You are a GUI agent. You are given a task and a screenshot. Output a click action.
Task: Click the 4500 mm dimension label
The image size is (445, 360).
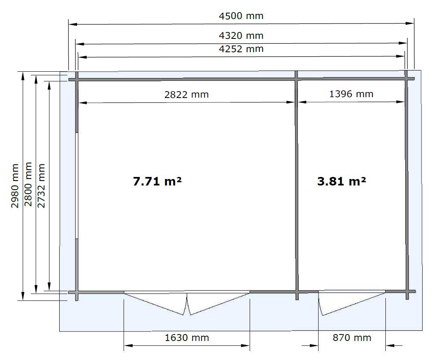coord(241,16)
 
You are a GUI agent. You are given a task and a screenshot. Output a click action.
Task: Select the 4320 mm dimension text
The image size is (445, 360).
coord(241,36)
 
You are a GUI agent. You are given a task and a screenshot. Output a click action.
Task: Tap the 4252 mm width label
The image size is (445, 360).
coord(241,49)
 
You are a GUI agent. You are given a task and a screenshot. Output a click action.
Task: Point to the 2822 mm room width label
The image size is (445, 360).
coord(186,94)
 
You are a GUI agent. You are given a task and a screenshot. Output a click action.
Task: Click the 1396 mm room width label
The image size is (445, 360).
coord(351,94)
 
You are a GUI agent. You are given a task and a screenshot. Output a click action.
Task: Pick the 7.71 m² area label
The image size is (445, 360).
coord(157,181)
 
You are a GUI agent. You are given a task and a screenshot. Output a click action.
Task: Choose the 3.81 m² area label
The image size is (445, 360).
coord(341,181)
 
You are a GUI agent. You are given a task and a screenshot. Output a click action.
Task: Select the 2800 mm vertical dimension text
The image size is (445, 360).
coord(28,184)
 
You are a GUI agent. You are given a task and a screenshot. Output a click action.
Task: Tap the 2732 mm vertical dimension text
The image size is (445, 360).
coord(41,185)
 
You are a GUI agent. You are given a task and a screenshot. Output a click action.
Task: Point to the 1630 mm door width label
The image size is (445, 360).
coord(187,338)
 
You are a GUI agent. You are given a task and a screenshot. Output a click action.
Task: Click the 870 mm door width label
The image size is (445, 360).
coord(352,338)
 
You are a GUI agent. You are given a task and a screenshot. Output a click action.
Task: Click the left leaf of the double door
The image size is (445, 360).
coord(156,304)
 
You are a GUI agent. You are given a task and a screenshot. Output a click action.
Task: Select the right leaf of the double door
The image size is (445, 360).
coord(218,304)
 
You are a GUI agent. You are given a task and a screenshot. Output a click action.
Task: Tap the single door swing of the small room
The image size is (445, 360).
coord(351,304)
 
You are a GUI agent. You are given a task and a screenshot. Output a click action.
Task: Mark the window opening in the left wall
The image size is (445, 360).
coord(77,185)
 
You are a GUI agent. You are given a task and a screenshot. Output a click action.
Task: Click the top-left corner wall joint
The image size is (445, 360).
coord(76,79)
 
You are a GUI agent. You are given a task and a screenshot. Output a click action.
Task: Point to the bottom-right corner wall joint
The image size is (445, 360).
coord(407,292)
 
